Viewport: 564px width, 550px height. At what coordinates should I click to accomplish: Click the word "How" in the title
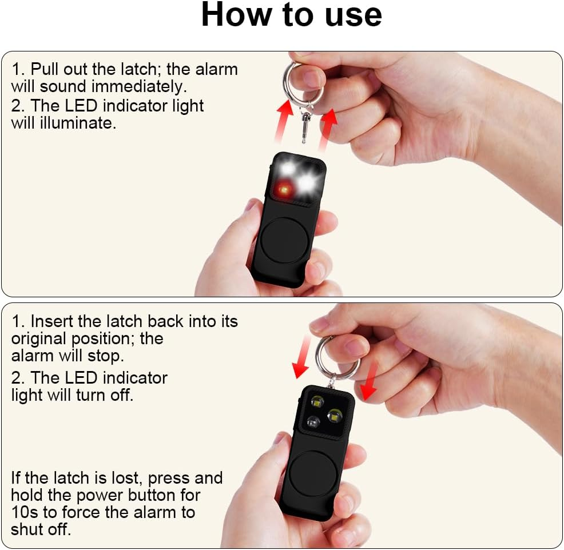(x=236, y=15)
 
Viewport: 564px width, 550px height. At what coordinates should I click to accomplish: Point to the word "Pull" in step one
(x=45, y=69)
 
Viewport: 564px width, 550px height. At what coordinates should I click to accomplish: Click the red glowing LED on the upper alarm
(x=285, y=188)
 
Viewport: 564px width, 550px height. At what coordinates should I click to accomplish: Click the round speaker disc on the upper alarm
(x=284, y=240)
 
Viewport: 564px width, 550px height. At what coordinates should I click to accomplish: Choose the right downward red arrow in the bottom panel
(x=370, y=380)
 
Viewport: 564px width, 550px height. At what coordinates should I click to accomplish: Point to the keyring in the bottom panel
(x=337, y=357)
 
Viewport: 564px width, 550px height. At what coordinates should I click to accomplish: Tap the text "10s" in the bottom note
(x=24, y=512)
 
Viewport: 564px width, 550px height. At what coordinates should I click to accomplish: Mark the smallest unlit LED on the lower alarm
(x=313, y=422)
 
